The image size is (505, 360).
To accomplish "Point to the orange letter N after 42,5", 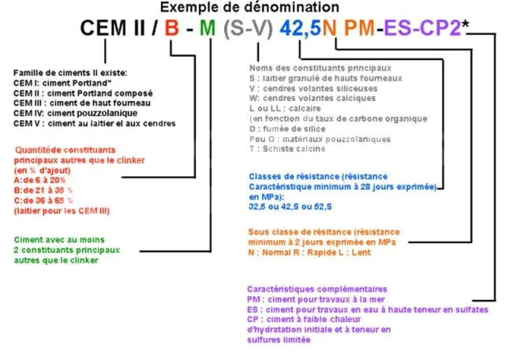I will [x=331, y=31].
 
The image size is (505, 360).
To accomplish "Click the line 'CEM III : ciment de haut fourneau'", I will [x=74, y=103].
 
